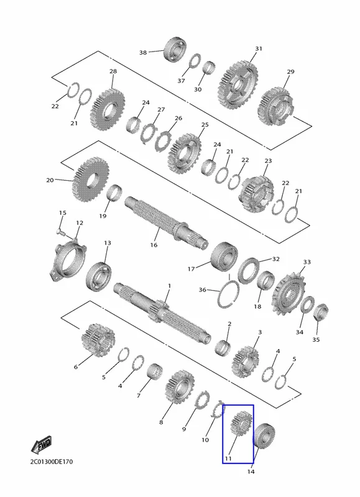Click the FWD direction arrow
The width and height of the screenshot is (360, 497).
pyautogui.click(x=41, y=445)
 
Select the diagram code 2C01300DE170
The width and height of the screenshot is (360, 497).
pyautogui.click(x=52, y=462)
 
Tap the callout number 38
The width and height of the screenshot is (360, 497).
pyautogui.click(x=143, y=52)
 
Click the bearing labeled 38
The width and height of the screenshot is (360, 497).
pyautogui.click(x=175, y=50)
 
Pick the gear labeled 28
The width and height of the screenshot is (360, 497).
pyautogui.click(x=107, y=109)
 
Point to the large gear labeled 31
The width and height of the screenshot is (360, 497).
pyautogui.click(x=238, y=84)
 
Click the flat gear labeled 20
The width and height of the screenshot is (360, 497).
pyautogui.click(x=90, y=179)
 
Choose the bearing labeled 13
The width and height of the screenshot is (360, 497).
pyautogui.click(x=98, y=276)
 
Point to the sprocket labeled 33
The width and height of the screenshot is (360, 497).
pyautogui.click(x=287, y=294)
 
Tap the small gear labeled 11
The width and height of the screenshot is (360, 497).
pyautogui.click(x=242, y=423)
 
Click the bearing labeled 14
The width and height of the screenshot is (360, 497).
pyautogui.click(x=264, y=435)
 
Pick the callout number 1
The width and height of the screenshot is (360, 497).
pyautogui.click(x=169, y=286)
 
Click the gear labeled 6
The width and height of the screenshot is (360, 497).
pyautogui.click(x=98, y=339)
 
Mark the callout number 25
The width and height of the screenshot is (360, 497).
pyautogui.click(x=205, y=125)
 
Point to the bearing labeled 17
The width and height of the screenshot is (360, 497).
pyautogui.click(x=224, y=257)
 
